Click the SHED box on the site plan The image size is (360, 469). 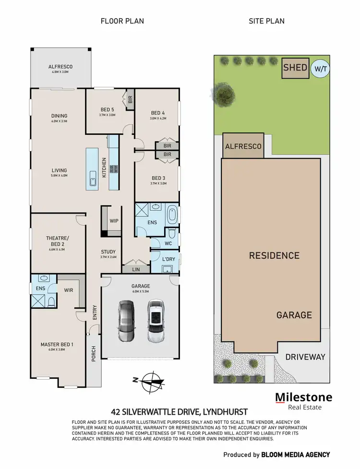295,68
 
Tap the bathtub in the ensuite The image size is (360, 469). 172,215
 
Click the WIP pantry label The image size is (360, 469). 114,221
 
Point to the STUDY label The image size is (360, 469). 108,252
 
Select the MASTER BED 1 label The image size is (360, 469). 57,344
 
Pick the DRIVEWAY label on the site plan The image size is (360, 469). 305,357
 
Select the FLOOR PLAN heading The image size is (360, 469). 122,21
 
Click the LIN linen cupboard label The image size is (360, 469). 136,270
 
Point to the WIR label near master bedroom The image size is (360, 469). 69,290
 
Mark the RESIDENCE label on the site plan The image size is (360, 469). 274,256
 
